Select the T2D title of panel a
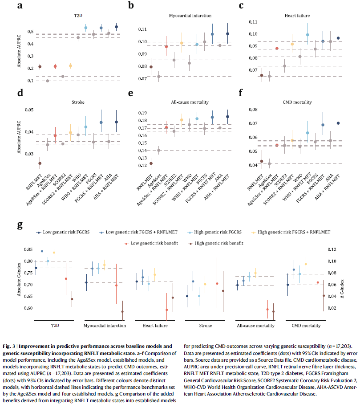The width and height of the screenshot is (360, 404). tap(78, 15)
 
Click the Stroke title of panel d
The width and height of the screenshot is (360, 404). tap(78, 102)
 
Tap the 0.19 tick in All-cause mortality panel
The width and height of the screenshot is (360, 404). tap(142, 113)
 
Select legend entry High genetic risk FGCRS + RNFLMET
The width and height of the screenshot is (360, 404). tap(293, 232)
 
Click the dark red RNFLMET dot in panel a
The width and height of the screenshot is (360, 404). tap(40, 67)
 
